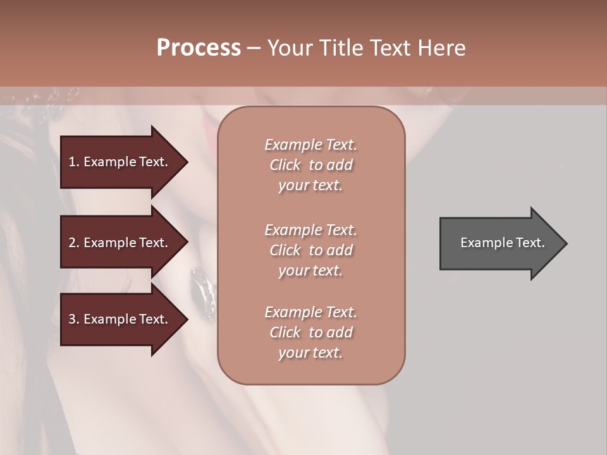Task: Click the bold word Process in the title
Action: [x=199, y=48]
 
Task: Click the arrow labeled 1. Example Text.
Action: [x=120, y=162]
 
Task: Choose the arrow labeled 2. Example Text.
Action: [x=120, y=243]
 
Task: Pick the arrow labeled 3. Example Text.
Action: [x=120, y=319]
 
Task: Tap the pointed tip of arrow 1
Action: [x=187, y=162]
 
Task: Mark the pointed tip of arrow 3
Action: [x=187, y=319]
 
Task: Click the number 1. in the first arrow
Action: [x=74, y=162]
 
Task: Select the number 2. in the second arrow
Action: [x=74, y=243]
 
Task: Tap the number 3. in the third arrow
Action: [x=74, y=319]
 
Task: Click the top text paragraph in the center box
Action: [x=311, y=165]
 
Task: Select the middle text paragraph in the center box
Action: [x=311, y=250]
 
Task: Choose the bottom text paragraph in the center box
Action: [x=311, y=332]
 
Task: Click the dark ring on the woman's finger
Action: [x=204, y=292]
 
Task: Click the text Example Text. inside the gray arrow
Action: [x=503, y=243]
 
